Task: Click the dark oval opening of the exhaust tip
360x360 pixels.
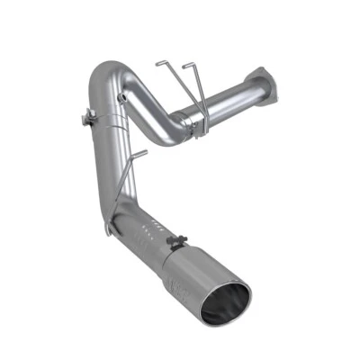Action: point(226,303)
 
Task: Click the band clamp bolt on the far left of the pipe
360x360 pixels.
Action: point(89,118)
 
